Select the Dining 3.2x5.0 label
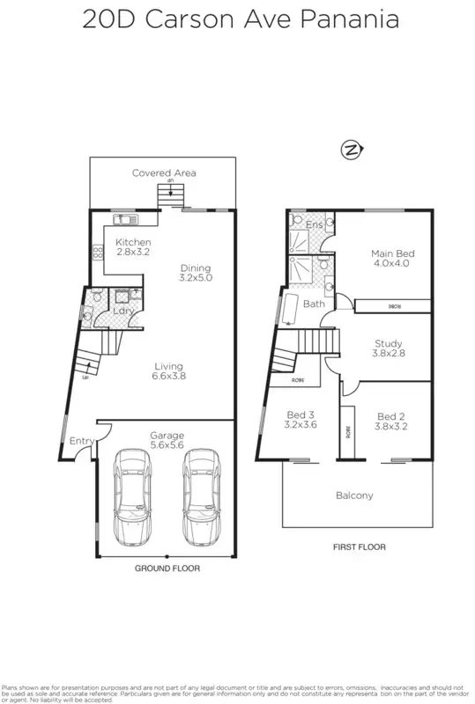point(197,273)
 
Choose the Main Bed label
point(391,258)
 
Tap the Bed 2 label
point(391,422)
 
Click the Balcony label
point(354,495)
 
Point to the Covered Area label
point(164,172)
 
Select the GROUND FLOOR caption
point(167,568)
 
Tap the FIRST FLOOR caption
point(359,546)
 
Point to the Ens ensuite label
point(314,225)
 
